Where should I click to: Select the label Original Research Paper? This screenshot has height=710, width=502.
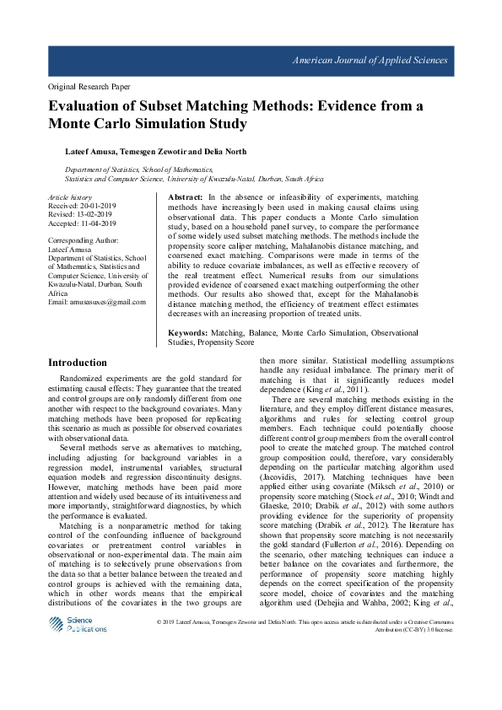point(89,87)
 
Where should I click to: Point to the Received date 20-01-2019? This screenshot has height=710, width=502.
point(98,205)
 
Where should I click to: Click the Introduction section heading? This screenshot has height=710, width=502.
point(78,362)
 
